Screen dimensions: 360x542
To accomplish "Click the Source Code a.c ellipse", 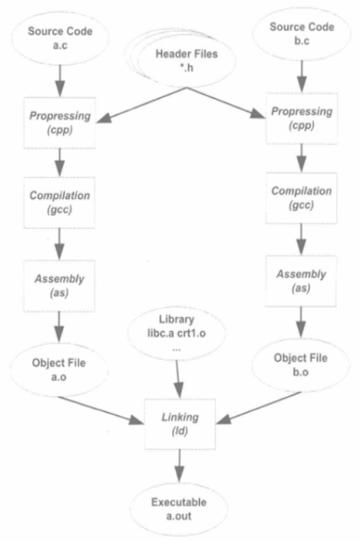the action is click(x=60, y=38).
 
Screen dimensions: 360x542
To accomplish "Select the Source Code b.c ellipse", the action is click(x=302, y=34).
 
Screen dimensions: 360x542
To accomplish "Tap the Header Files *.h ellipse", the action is click(x=187, y=61).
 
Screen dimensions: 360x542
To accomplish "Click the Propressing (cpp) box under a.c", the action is click(x=60, y=123).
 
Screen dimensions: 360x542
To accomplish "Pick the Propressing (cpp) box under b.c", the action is click(x=301, y=119).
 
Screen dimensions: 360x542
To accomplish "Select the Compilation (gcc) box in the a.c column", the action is click(x=59, y=203).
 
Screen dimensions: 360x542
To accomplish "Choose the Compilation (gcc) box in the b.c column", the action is click(x=301, y=198).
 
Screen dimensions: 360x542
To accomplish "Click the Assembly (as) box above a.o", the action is click(x=59, y=286).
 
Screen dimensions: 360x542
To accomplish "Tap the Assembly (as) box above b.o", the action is click(x=301, y=281).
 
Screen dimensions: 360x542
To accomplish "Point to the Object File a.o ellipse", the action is click(x=59, y=370).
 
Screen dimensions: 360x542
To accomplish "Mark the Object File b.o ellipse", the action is click(x=301, y=365).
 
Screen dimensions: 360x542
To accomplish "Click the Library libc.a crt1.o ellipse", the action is click(x=176, y=333).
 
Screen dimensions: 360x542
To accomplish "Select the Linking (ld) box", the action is click(x=180, y=424).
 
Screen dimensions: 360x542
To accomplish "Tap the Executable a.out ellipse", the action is click(x=179, y=509).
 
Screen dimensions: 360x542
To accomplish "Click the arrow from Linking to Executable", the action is click(x=179, y=466).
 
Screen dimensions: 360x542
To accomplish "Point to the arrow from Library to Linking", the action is click(x=178, y=379).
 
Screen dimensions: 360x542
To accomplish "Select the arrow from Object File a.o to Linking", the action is click(x=101, y=410).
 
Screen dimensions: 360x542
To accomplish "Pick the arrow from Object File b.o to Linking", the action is click(x=259, y=407).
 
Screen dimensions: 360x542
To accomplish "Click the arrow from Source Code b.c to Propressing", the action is click(x=302, y=77).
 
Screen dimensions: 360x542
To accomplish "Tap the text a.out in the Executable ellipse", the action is click(x=179, y=516).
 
